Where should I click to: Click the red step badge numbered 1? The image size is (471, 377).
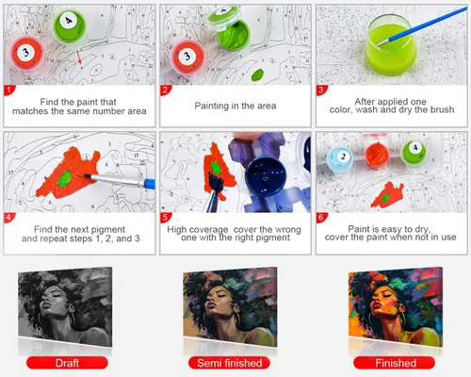click(8, 90)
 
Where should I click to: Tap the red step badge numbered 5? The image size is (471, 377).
click(165, 218)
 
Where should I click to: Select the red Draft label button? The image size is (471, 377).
click(67, 363)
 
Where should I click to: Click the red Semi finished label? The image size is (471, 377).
click(229, 363)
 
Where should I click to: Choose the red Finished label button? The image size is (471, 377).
click(395, 363)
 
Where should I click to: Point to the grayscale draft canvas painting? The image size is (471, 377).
click(65, 307)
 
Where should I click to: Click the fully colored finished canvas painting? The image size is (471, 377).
click(396, 307)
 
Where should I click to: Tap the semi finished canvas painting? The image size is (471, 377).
click(230, 307)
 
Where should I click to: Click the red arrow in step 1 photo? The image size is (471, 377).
click(80, 57)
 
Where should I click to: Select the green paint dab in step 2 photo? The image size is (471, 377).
click(257, 74)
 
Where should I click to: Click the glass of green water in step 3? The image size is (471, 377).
click(390, 44)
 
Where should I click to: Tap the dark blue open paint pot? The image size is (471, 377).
click(266, 176)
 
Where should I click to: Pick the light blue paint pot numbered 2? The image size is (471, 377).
click(341, 157)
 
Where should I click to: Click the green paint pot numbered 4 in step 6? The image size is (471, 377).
click(414, 153)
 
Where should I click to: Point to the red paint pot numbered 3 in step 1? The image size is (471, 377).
click(26, 53)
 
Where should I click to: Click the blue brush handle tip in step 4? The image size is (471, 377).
click(150, 184)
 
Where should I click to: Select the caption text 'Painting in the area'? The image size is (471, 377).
click(235, 106)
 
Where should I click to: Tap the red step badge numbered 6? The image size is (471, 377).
click(321, 218)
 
